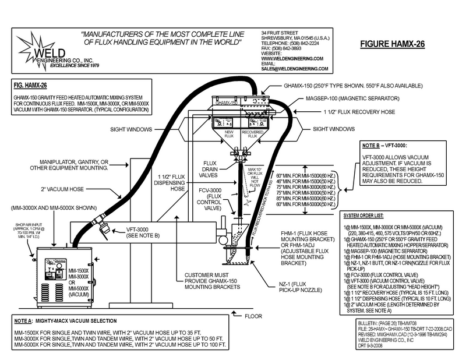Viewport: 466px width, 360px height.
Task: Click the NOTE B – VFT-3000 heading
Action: point(384,144)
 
